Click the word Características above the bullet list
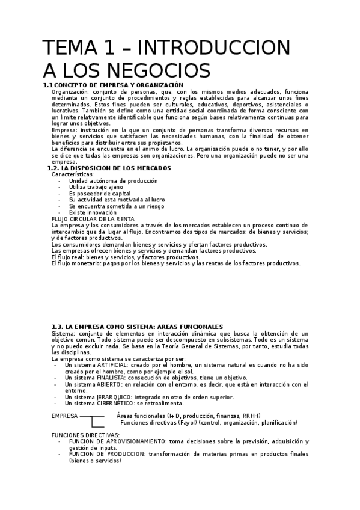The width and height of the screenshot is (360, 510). (x=72, y=174)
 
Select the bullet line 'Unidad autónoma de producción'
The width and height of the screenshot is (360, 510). (x=113, y=180)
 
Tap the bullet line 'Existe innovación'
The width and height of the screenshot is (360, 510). (x=92, y=212)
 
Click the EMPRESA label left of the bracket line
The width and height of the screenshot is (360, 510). (x=64, y=416)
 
